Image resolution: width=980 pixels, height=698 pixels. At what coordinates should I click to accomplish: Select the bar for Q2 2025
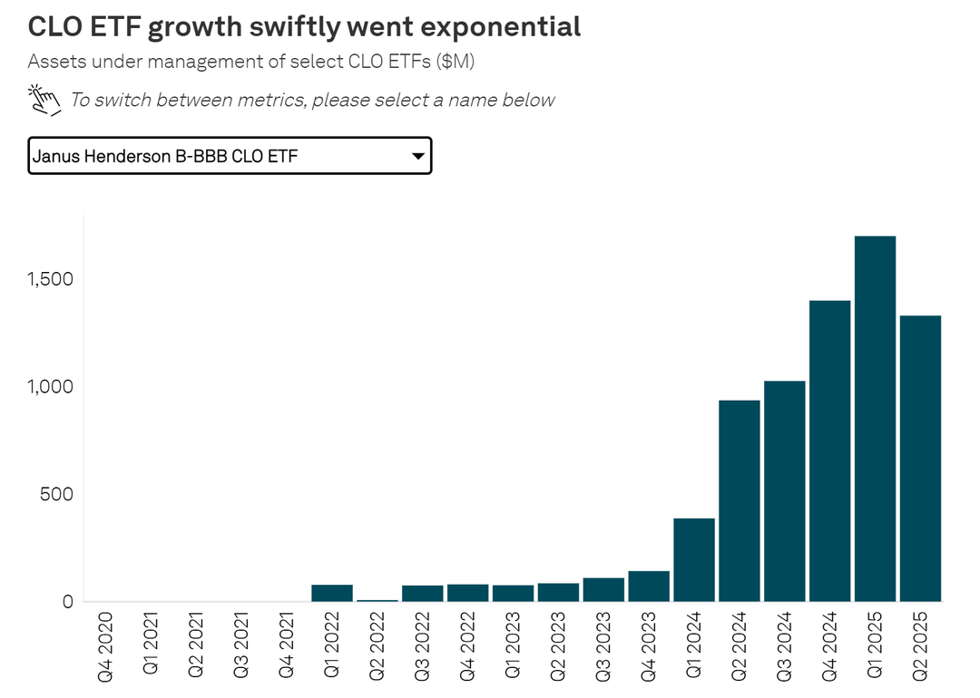point(920,459)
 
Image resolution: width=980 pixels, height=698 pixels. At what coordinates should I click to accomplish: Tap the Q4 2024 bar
point(829,451)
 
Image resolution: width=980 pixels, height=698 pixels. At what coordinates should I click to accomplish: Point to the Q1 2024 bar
point(694,559)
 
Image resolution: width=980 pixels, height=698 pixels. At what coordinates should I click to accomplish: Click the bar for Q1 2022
point(332,593)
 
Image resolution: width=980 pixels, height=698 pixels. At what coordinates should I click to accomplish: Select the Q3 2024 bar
point(784,490)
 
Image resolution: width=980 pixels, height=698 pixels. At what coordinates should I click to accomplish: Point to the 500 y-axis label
point(54,495)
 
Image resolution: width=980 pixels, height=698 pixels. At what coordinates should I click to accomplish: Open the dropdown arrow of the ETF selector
point(417,157)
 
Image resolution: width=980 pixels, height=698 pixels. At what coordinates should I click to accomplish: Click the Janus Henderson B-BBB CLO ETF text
point(165,157)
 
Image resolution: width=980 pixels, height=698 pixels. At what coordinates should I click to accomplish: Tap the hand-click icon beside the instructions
point(44,100)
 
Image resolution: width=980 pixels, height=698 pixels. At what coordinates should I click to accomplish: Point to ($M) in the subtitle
point(454,63)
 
